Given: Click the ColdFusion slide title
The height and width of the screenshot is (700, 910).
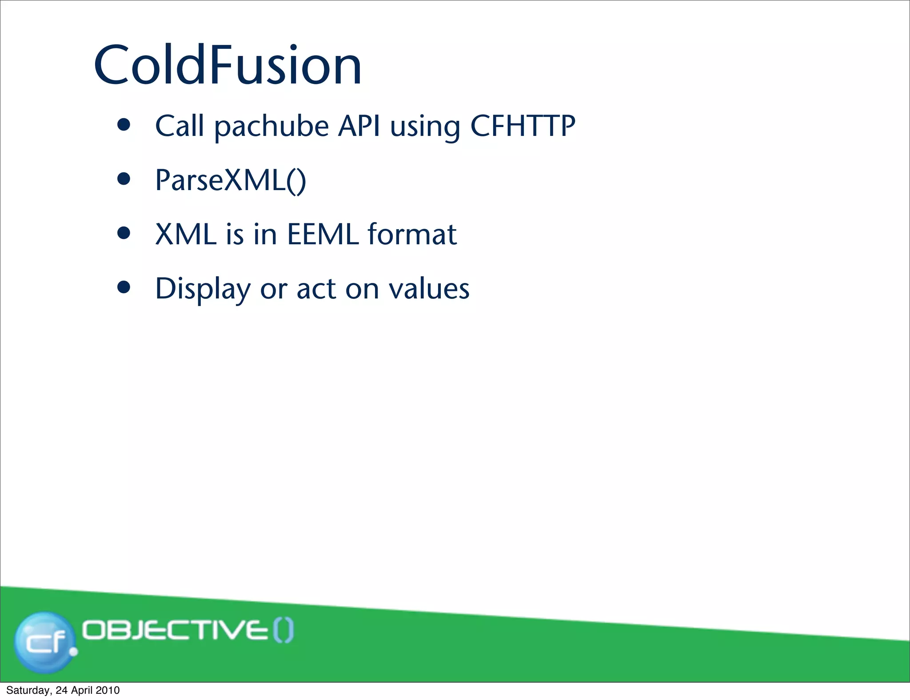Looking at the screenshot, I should [227, 65].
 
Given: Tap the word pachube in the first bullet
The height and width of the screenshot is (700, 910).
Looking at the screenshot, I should [271, 126].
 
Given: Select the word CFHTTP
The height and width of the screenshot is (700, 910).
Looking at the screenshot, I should [523, 126].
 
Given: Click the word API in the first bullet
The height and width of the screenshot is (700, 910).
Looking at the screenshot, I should [359, 126].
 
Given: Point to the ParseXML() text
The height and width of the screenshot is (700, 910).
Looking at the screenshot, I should [231, 180].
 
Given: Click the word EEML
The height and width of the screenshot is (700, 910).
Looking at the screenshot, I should [323, 234].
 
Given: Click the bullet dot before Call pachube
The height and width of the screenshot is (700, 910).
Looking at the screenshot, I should [124, 125].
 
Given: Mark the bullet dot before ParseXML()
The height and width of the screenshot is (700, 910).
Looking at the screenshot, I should [124, 179].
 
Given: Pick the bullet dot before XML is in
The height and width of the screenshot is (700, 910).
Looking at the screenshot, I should [124, 233].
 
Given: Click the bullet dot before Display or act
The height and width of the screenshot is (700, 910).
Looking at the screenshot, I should [124, 287].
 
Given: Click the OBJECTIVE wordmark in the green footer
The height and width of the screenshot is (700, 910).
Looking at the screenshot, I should [176, 631].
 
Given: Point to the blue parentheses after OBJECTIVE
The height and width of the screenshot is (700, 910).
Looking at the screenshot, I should [283, 631].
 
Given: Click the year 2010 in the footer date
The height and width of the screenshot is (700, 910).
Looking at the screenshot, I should [108, 690].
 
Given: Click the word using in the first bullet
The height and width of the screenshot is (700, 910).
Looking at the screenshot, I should [425, 126].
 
